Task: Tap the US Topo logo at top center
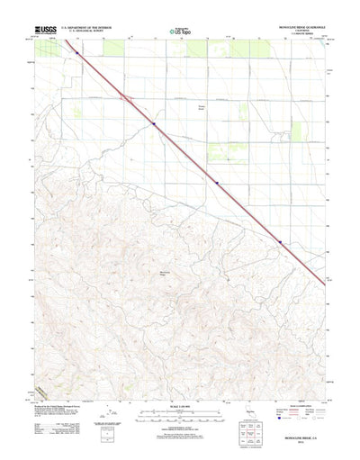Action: click(180, 32)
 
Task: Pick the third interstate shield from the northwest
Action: click(216, 181)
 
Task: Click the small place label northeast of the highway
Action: click(202, 108)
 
